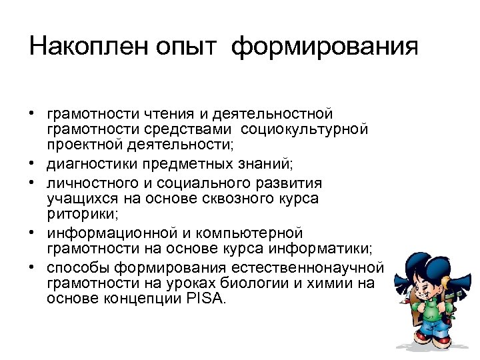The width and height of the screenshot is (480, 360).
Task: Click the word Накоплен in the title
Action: (87, 47)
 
